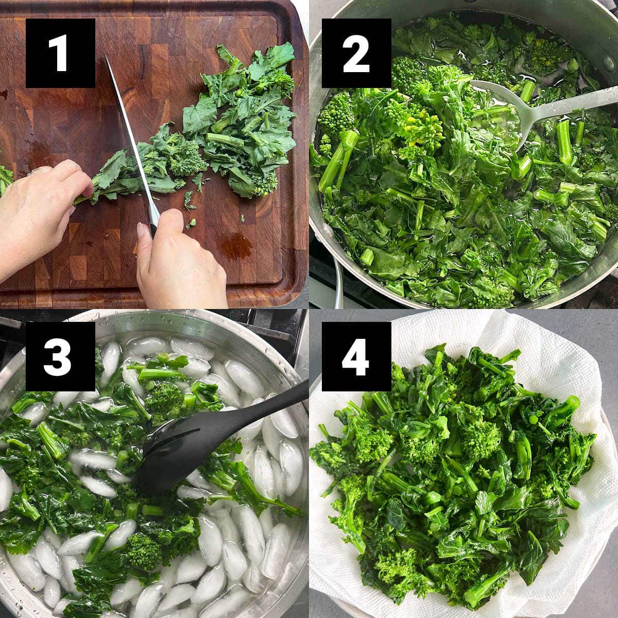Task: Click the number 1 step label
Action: pyautogui.click(x=60, y=53)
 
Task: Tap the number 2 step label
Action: pyautogui.click(x=356, y=53)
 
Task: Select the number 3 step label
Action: pyautogui.click(x=60, y=356)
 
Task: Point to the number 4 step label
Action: pyautogui.click(x=356, y=356)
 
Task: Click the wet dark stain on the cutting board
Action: pyautogui.click(x=236, y=245)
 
